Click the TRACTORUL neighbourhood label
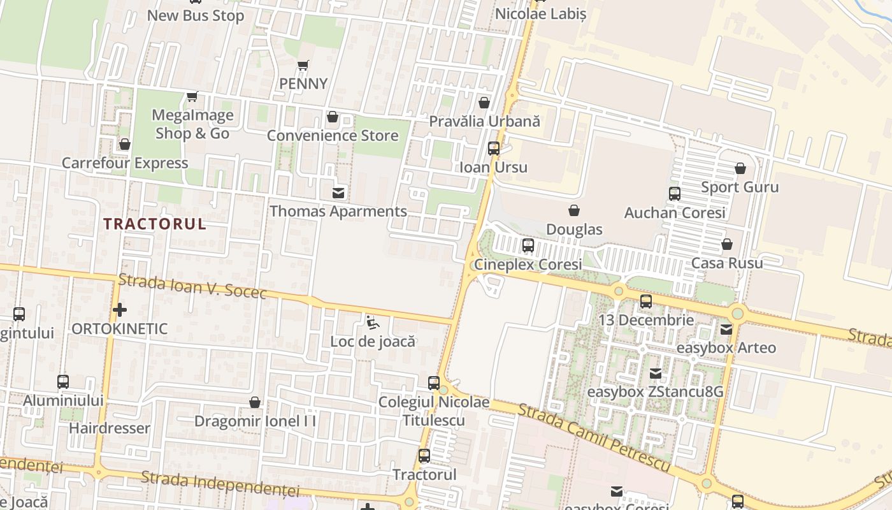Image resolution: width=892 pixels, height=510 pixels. (x=155, y=224)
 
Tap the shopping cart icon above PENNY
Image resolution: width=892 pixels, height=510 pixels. (x=303, y=66)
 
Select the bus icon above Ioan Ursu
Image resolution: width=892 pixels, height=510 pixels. (x=494, y=149)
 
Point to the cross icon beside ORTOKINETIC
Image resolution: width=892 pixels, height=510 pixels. (x=119, y=310)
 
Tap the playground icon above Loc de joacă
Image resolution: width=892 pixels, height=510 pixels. (x=373, y=323)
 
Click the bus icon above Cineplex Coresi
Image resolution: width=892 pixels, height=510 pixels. (x=528, y=245)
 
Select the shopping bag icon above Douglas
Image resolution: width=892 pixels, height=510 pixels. (x=574, y=210)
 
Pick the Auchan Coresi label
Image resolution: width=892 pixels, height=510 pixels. (x=675, y=213)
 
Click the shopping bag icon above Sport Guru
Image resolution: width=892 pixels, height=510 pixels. (x=740, y=168)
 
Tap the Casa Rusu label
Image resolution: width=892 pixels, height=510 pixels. (x=727, y=263)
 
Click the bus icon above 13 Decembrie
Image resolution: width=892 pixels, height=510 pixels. (x=646, y=302)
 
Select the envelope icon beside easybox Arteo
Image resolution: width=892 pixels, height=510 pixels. (x=726, y=330)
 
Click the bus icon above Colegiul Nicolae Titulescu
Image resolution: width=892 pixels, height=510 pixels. (x=434, y=383)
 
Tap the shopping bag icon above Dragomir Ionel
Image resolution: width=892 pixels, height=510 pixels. (x=255, y=402)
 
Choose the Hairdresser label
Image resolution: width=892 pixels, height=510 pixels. (x=110, y=428)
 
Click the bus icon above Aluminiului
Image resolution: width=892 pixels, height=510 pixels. (x=63, y=382)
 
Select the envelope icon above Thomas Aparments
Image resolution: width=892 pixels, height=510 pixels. (x=338, y=193)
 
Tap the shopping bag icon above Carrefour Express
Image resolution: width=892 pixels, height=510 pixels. (x=125, y=145)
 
